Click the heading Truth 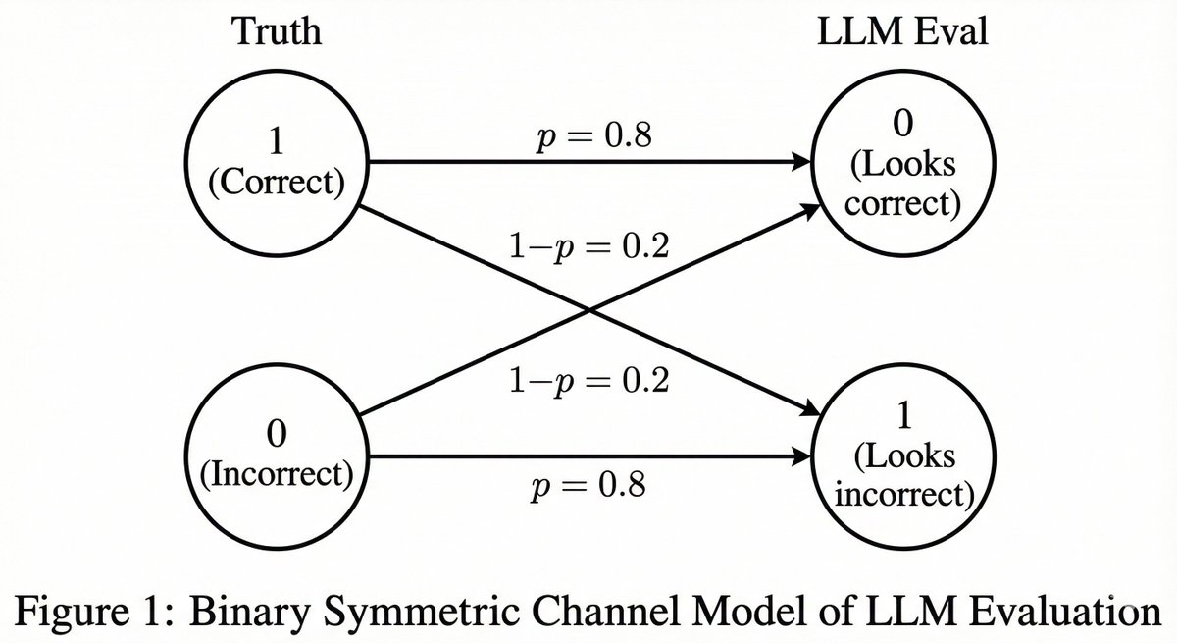(x=276, y=31)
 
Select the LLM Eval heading (x=902, y=31)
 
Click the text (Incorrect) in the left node (x=276, y=474)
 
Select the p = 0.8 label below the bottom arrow (x=589, y=484)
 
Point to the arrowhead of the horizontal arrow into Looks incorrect (x=804, y=456)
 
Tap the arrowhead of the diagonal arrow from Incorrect (x=810, y=207)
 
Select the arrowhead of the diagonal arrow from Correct (x=810, y=410)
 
